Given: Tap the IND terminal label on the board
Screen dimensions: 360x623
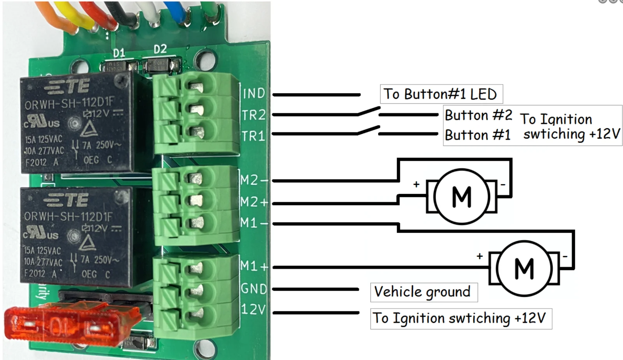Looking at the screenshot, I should [x=254, y=93].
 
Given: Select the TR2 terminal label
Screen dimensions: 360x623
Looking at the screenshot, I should [x=253, y=115].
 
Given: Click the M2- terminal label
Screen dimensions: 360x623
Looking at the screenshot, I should [x=254, y=180].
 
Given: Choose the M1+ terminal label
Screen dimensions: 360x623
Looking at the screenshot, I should [x=254, y=266].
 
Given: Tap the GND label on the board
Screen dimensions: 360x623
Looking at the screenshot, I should [x=254, y=289].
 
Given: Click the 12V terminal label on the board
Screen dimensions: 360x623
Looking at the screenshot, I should [x=253, y=310].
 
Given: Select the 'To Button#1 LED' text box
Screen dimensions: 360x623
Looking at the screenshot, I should [x=441, y=94].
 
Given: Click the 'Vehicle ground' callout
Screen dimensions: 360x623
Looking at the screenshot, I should [x=423, y=292].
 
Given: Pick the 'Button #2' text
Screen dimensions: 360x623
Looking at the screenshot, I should [x=478, y=115].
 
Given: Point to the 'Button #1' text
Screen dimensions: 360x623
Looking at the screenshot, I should [x=477, y=135].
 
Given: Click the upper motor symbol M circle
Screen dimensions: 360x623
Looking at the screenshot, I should [x=462, y=196].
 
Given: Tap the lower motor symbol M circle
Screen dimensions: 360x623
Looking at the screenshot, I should [x=524, y=268].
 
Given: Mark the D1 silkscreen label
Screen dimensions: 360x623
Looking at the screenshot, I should [x=119, y=53].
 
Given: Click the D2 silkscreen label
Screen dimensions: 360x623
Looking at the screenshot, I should [x=160, y=49].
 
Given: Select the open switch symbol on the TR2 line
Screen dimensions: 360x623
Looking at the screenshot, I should [x=369, y=111].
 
